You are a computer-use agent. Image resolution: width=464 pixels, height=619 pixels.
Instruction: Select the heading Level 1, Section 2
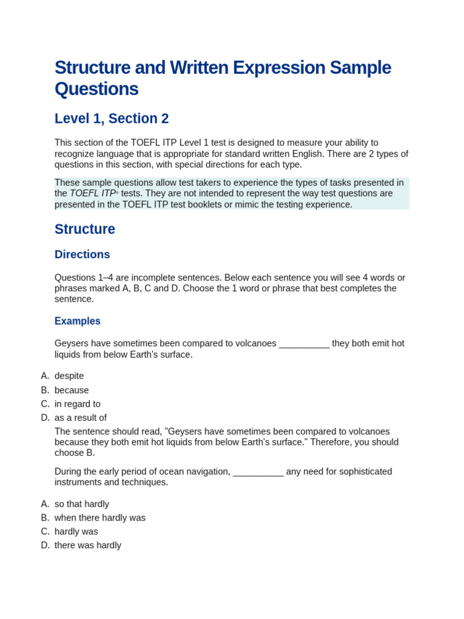tap(111, 118)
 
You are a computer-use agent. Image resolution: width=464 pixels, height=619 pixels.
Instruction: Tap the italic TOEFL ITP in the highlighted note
tap(92, 193)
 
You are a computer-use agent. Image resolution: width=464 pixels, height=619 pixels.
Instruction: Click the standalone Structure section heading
tap(85, 229)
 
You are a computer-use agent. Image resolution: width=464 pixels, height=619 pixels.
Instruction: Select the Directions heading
tap(82, 254)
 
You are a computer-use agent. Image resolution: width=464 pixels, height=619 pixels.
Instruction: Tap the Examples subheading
tap(77, 321)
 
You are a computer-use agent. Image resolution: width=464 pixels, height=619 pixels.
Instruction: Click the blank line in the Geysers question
tap(304, 344)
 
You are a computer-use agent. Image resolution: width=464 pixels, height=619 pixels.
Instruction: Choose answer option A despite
tap(69, 376)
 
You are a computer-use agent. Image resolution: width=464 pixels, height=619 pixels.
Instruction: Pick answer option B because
tap(71, 391)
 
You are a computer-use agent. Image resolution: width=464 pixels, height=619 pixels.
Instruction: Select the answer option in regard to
tap(77, 404)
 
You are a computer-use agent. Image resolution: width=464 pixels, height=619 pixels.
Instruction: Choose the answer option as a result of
tap(80, 418)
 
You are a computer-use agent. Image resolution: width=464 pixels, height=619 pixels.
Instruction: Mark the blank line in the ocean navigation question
tap(258, 472)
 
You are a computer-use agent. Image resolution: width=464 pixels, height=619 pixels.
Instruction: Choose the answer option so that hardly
tap(82, 504)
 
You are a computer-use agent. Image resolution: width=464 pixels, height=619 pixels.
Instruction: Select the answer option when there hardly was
tap(100, 518)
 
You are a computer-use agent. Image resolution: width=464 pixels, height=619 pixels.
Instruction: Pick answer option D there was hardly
tap(88, 545)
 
